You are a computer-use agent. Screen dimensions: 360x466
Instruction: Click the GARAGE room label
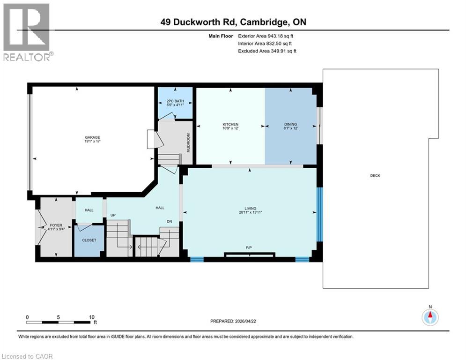(92, 137)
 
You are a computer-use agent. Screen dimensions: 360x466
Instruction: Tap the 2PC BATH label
(176, 102)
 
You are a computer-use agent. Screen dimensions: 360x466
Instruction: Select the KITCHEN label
(230, 124)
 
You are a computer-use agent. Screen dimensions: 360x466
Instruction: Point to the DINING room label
(290, 124)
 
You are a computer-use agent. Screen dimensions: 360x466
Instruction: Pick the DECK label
(375, 176)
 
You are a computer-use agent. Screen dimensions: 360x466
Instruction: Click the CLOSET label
(89, 240)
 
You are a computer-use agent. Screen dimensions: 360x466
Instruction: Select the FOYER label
(56, 225)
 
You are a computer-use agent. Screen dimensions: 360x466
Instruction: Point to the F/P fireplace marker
(249, 247)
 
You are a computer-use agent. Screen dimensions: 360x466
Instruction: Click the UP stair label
(113, 215)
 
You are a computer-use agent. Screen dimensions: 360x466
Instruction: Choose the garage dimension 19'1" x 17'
(92, 140)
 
